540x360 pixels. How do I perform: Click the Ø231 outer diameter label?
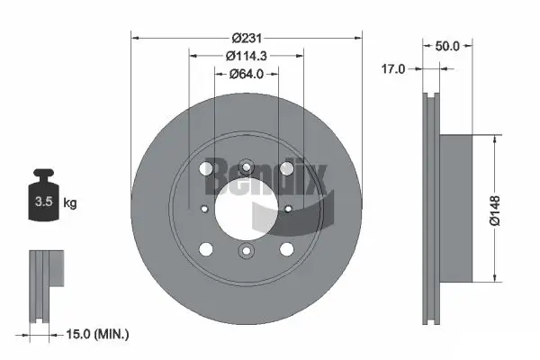pos(246,38)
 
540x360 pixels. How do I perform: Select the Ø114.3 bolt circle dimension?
pos(246,56)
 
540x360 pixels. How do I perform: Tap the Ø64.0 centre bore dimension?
pos(246,73)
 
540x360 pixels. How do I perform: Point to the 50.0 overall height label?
pos(448,44)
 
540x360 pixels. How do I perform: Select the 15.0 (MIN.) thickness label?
pos(98,334)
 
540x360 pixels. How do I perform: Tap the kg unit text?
pos(70,203)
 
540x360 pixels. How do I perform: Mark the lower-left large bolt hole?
pos(205,249)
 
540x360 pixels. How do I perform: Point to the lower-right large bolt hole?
pos(286,249)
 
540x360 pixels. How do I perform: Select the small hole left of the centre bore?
pos(204,208)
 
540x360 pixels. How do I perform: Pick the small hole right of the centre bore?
pos(288,208)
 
